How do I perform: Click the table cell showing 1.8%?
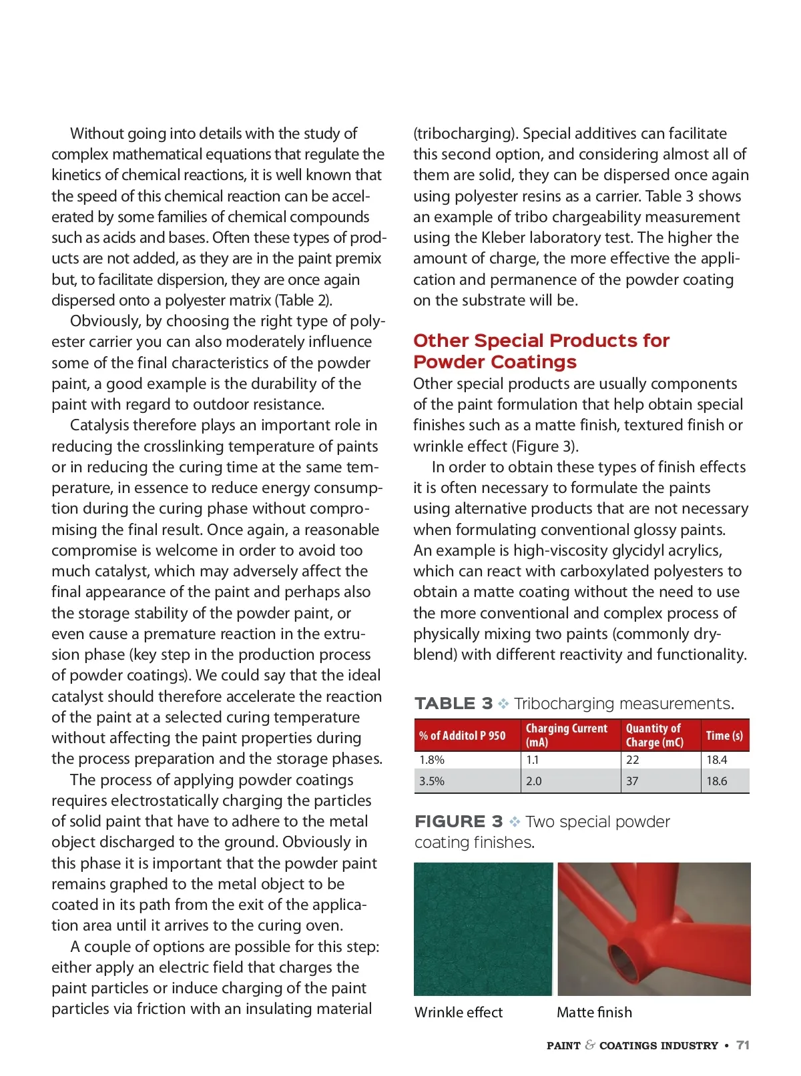[x=432, y=760]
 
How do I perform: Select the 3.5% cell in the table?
[x=432, y=781]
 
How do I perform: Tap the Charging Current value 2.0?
[x=534, y=781]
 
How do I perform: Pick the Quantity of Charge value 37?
[x=632, y=781]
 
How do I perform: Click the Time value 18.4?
[x=717, y=760]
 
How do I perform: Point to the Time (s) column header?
[x=724, y=736]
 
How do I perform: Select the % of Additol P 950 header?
[x=463, y=736]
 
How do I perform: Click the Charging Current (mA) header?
[x=567, y=735]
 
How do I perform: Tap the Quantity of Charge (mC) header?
[x=654, y=735]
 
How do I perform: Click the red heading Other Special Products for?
[x=541, y=341]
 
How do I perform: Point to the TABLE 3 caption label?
[x=453, y=704]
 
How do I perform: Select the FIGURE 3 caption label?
[x=459, y=822]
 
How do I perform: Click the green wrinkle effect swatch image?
[x=483, y=929]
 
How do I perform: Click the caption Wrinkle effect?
[x=459, y=1013]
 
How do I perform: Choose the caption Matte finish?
[x=594, y=1013]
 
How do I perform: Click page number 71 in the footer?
[x=743, y=1046]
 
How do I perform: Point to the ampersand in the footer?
[x=590, y=1045]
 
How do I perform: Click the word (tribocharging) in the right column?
[x=465, y=134]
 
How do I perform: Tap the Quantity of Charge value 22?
[x=633, y=760]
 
